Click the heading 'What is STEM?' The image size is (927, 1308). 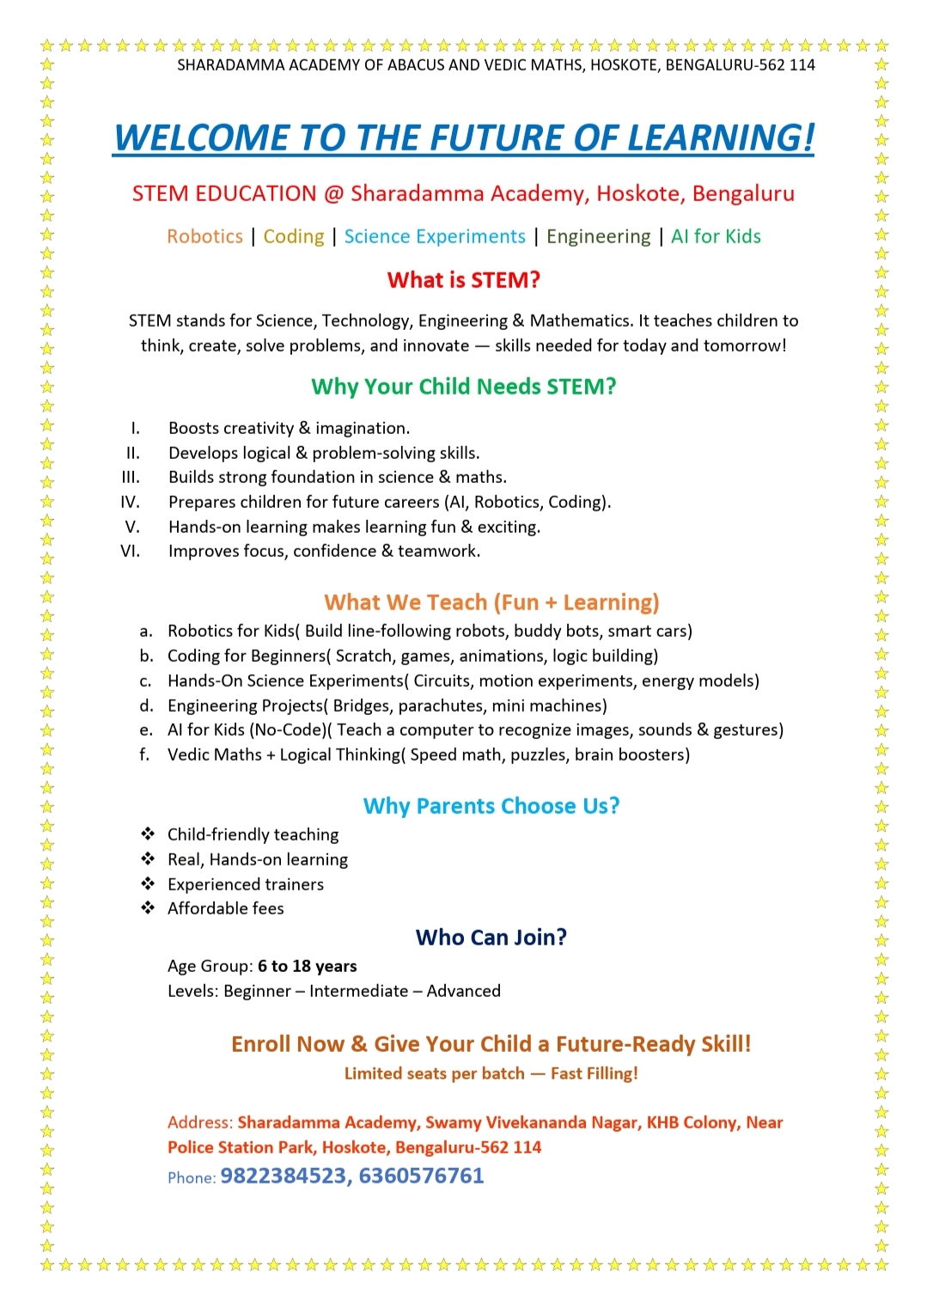point(463,280)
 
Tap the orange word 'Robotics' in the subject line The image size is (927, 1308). point(204,236)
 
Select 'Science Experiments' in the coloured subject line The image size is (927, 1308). point(435,236)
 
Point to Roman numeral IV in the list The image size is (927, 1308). point(130,502)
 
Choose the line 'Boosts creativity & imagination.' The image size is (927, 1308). point(289,428)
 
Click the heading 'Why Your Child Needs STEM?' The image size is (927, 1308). point(463,387)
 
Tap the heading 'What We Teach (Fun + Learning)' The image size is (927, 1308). point(491,602)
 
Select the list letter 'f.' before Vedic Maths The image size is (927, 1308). point(145,755)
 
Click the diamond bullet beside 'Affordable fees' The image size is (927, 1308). point(148,908)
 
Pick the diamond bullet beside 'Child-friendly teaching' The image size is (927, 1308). point(148,834)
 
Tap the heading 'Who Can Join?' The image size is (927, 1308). point(491,937)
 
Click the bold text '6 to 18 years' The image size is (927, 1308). point(307,966)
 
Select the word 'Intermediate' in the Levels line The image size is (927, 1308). point(358,991)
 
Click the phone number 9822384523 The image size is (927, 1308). point(283,1176)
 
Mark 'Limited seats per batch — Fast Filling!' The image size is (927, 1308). point(491,1073)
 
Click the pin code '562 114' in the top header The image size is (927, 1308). point(787,65)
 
